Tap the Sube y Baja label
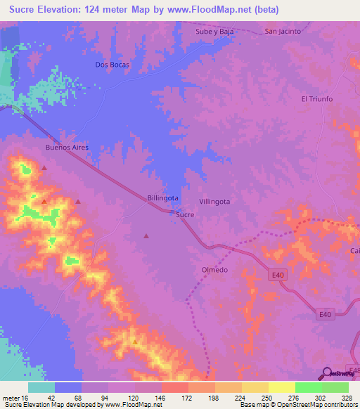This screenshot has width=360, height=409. pos(214,32)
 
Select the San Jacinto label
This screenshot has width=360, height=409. pos(283,32)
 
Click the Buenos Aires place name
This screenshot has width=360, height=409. pos(65,148)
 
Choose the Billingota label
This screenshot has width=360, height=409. pos(163,198)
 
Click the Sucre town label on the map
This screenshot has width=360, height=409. pos(185,214)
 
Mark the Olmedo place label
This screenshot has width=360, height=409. pos(214,270)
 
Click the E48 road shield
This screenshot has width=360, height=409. pos(354,370)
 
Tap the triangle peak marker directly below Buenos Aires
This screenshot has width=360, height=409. pos(44,168)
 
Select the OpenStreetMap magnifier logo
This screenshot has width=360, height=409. pos(328,373)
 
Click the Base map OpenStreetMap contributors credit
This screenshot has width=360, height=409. pos(297,405)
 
